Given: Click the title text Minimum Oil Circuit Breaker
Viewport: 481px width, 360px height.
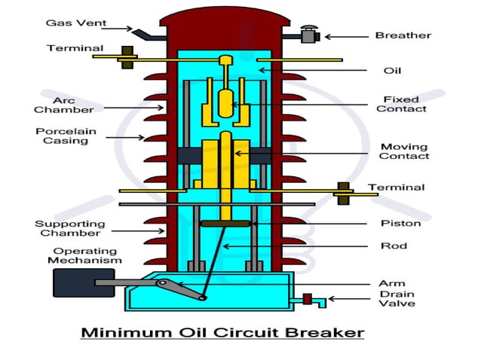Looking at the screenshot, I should [222, 332].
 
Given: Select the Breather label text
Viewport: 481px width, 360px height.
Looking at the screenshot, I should [403, 35].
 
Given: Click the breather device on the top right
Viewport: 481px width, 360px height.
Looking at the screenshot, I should [308, 34].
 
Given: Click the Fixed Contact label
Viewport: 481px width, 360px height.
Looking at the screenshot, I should [401, 104].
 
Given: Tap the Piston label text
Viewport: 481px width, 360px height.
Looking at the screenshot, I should [400, 224].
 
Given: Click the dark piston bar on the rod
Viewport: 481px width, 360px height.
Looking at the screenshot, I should [225, 223].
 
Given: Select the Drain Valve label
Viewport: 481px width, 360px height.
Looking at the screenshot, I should [397, 298].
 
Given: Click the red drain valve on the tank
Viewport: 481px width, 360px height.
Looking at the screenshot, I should [307, 299].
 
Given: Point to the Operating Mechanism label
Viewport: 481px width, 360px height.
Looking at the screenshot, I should [84, 255].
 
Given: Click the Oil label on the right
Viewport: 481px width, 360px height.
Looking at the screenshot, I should [392, 71].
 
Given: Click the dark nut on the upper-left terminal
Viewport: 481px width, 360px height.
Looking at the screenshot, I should [127, 57].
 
